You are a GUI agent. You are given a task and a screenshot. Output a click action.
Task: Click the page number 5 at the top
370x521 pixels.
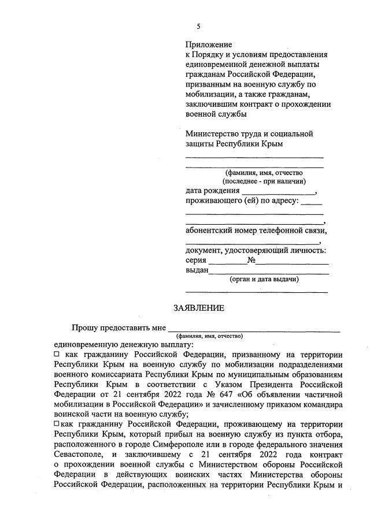[x=198, y=27]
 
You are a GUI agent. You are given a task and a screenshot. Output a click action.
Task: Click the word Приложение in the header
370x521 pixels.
[x=209, y=44]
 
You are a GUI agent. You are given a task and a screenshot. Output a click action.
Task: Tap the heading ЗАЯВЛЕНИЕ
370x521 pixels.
[x=198, y=308]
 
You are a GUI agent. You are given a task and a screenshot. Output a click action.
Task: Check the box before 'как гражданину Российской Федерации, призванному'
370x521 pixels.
[x=56, y=354]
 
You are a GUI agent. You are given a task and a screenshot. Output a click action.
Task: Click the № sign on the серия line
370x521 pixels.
[x=251, y=260]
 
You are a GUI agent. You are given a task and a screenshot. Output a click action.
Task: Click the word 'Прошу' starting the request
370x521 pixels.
[x=84, y=328]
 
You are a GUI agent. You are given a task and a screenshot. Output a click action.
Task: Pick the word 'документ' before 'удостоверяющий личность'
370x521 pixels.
[x=203, y=250]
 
